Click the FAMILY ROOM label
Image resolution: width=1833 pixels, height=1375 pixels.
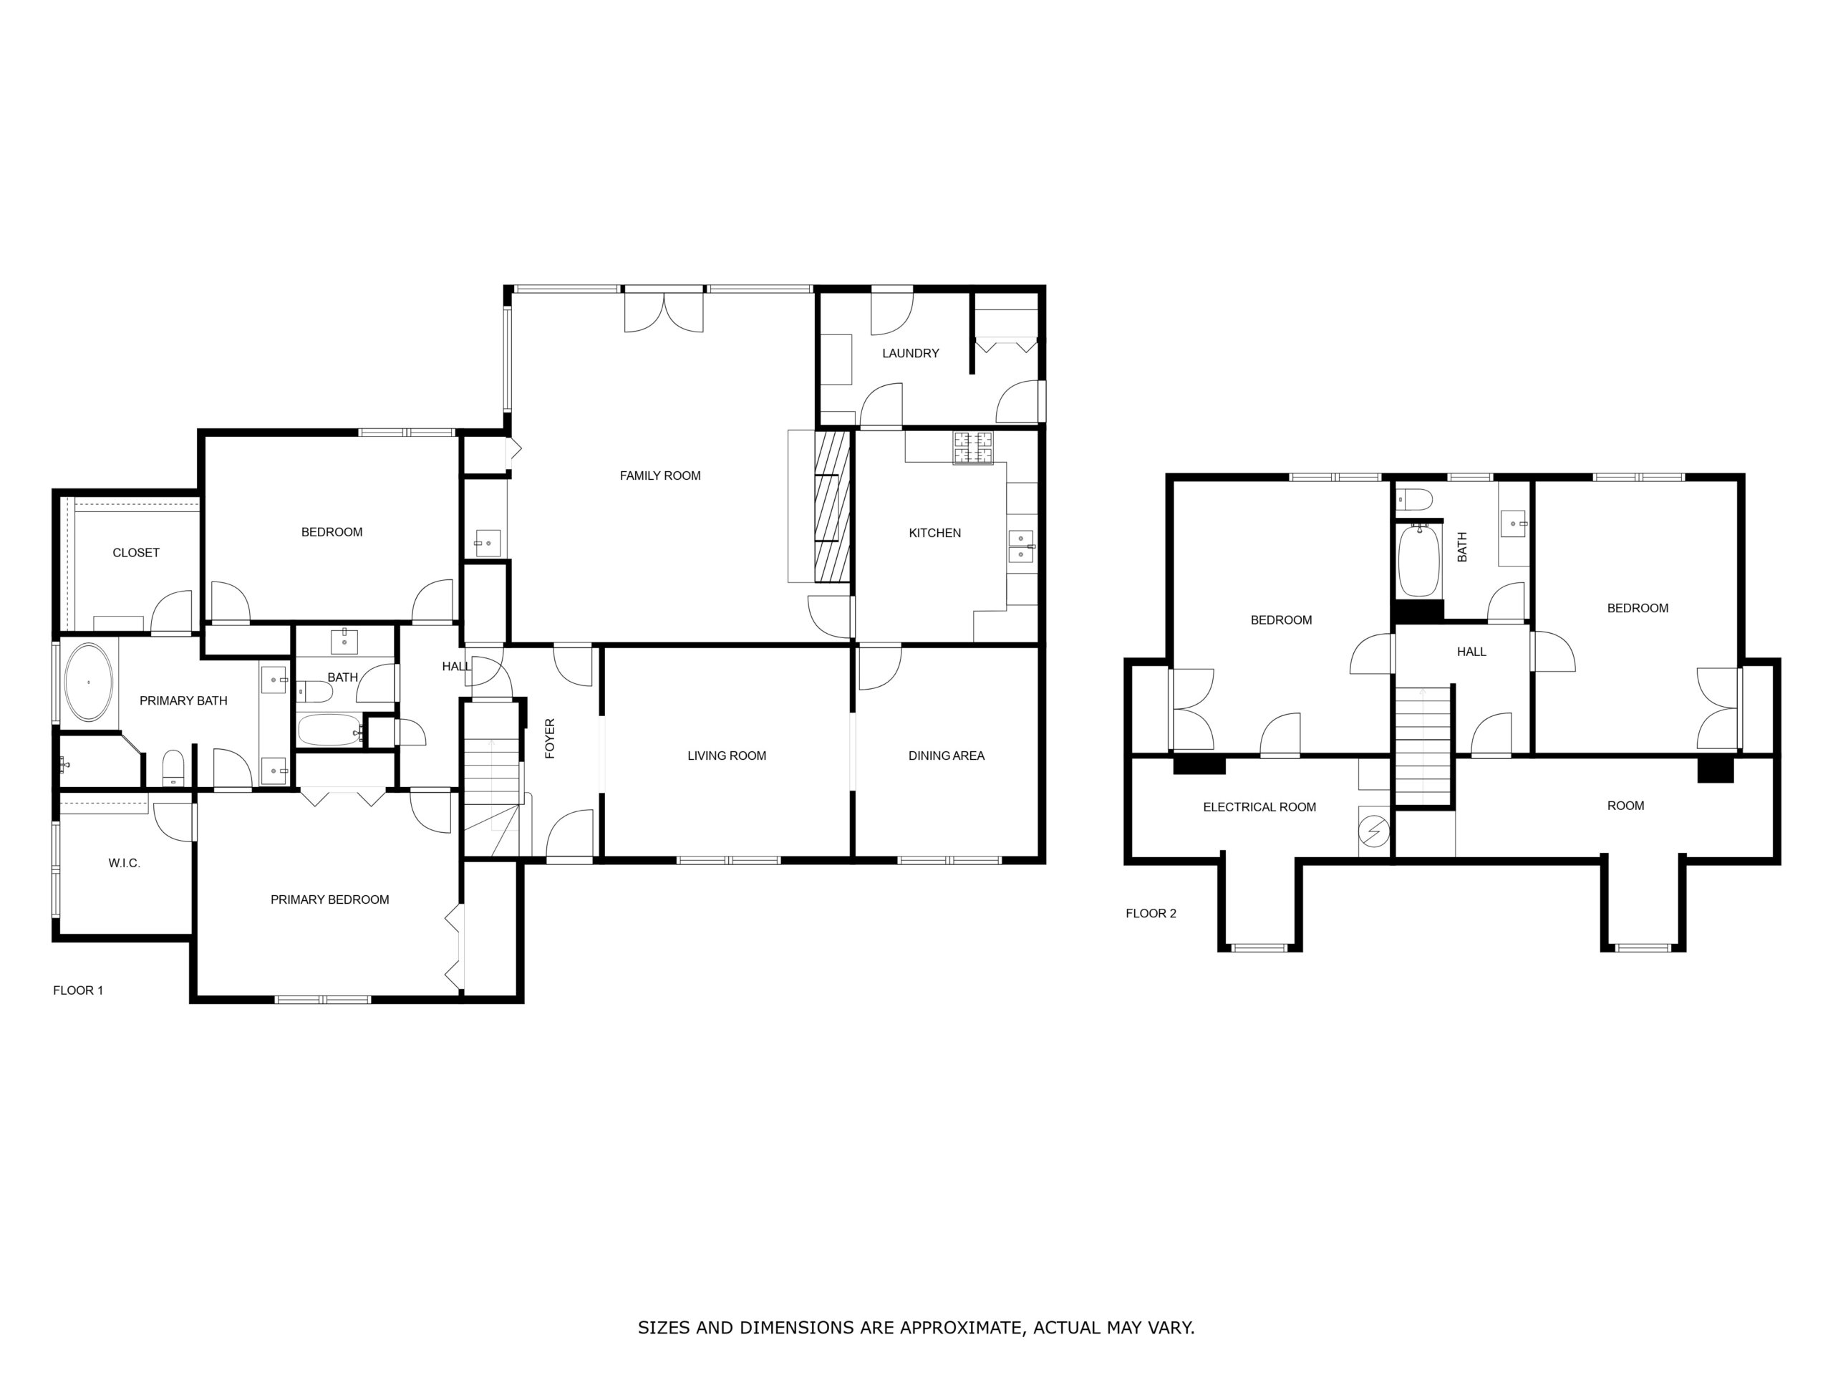659,476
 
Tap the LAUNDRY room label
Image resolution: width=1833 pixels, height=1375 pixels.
910,353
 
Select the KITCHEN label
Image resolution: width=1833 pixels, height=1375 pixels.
934,533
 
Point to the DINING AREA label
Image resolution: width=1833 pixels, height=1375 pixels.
947,756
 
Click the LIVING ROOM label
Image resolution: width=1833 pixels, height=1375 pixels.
727,756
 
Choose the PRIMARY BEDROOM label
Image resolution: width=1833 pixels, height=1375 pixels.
330,900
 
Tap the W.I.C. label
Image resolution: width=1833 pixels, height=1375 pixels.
125,864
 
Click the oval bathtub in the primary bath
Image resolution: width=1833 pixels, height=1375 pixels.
89,682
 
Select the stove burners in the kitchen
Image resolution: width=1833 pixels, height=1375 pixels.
973,448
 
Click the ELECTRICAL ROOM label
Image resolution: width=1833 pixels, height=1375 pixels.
1259,807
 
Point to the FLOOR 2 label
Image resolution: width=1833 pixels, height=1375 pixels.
1151,913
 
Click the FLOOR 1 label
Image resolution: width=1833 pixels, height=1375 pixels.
78,990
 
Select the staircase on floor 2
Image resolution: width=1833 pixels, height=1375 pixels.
1424,743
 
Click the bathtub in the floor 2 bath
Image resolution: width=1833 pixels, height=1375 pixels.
1418,560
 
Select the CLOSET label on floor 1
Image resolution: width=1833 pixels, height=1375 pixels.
136,553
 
